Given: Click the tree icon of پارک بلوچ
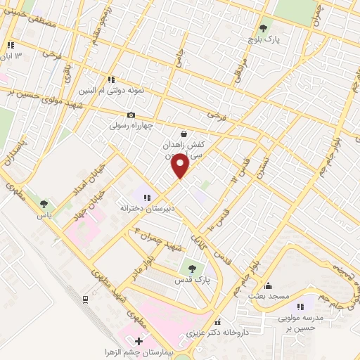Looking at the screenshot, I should (263, 29).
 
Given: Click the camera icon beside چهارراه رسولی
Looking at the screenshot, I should (131, 115).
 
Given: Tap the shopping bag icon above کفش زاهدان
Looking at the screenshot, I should (184, 133).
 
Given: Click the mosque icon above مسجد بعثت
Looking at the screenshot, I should (267, 285).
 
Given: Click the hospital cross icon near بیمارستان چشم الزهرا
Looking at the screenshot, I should (138, 342).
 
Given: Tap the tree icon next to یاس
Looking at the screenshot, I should (46, 204).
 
